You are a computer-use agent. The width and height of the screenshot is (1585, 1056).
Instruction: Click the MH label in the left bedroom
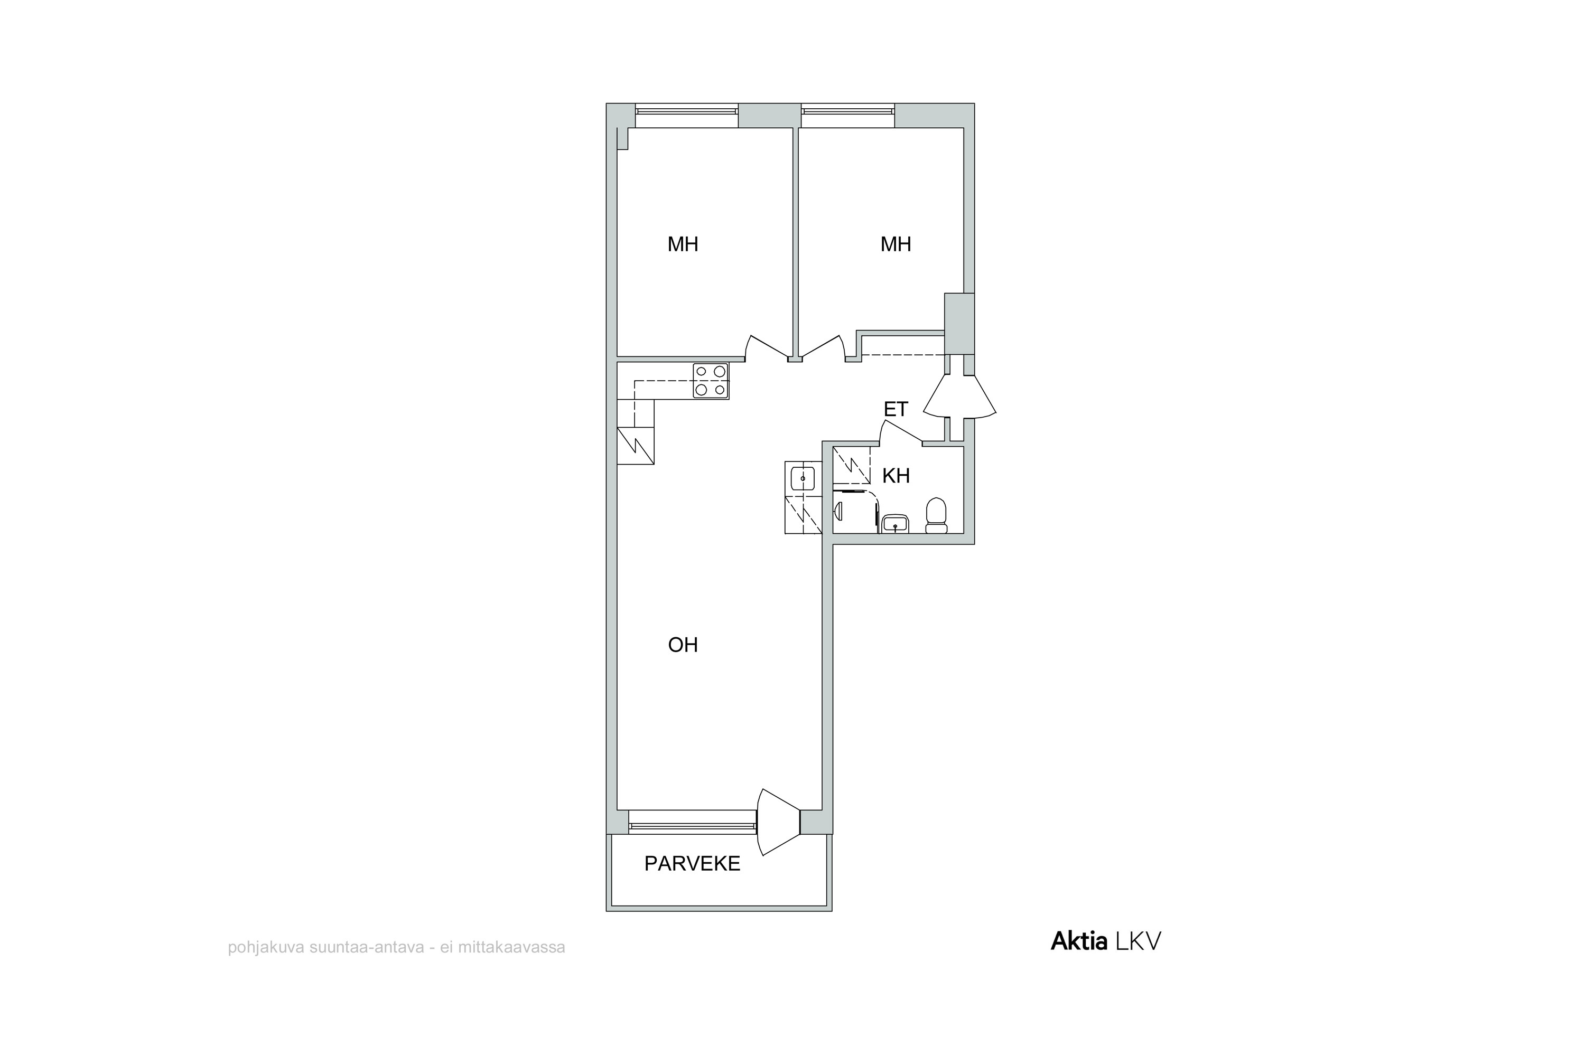(x=683, y=244)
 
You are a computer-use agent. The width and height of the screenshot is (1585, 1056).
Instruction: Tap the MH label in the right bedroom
(x=896, y=244)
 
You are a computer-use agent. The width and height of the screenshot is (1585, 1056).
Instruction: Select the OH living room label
(x=683, y=645)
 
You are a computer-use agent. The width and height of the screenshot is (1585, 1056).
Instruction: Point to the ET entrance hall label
(x=896, y=410)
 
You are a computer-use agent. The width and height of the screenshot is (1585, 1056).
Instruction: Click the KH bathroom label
(x=896, y=476)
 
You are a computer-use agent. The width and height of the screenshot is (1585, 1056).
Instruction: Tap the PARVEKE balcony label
(x=692, y=863)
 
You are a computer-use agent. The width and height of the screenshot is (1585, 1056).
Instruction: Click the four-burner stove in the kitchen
(x=711, y=381)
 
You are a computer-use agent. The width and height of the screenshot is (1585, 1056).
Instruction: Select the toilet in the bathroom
(x=936, y=516)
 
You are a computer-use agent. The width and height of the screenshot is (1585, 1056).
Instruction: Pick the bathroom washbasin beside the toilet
(x=895, y=524)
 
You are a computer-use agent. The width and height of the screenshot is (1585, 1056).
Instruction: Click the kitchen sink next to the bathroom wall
(x=803, y=479)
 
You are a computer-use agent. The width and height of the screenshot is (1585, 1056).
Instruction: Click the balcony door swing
(x=779, y=822)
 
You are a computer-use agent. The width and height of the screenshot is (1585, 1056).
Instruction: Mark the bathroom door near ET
(x=901, y=433)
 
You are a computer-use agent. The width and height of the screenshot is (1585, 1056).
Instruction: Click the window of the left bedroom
(x=687, y=115)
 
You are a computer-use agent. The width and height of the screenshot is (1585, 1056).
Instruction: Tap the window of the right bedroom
(x=848, y=115)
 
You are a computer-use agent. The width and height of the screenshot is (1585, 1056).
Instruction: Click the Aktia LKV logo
(x=1106, y=941)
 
